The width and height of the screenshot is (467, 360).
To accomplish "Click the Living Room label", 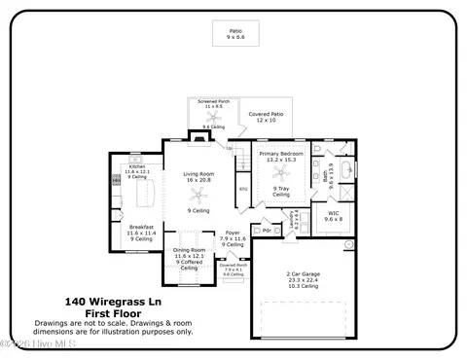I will click(198, 177).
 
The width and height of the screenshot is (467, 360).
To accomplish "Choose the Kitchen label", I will click(137, 168).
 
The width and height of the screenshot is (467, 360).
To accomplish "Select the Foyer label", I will click(233, 234).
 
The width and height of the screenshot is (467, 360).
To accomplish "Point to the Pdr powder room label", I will click(266, 231).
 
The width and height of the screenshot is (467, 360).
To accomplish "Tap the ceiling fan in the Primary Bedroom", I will click(280, 175).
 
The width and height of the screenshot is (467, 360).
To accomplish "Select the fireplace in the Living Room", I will click(198, 138).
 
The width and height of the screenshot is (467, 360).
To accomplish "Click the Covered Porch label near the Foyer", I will click(233, 266).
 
